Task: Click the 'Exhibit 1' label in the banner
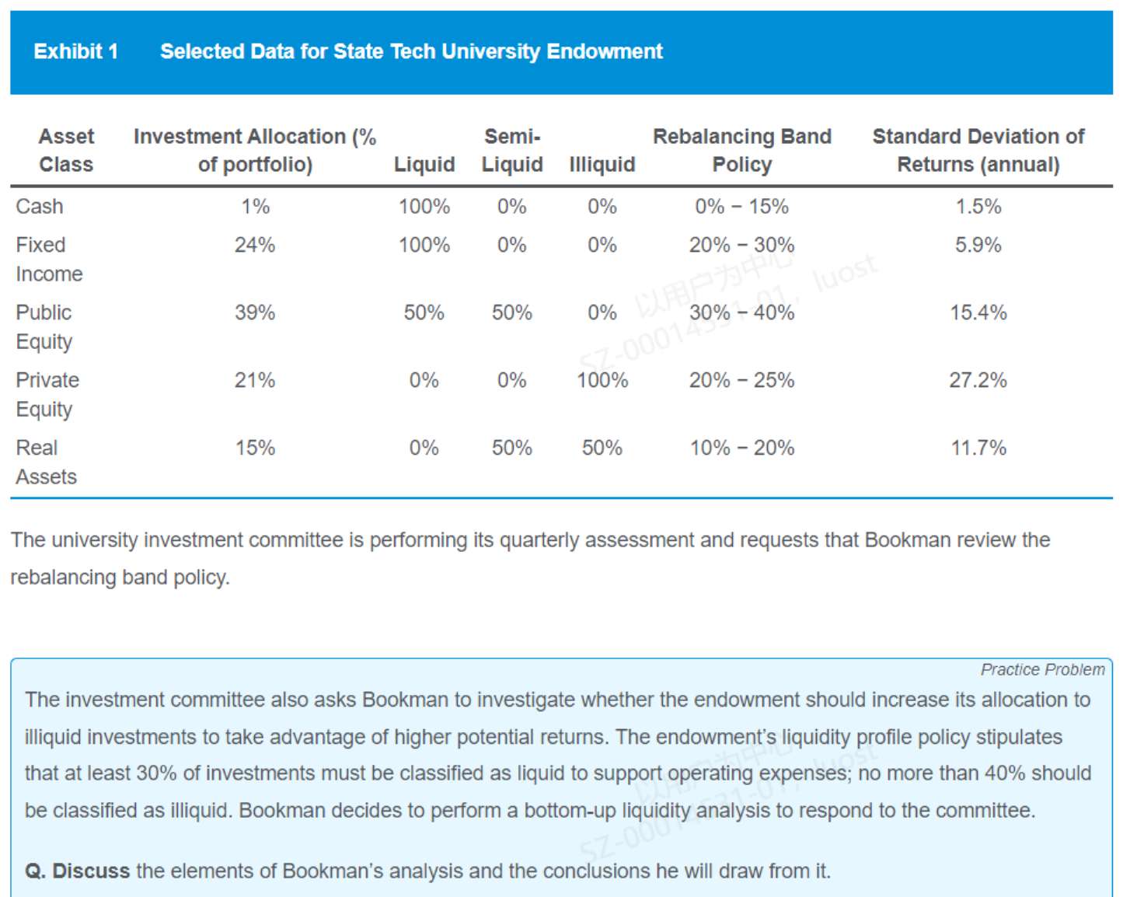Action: (x=75, y=51)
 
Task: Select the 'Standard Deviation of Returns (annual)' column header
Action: (x=978, y=150)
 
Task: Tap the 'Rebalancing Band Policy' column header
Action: (x=741, y=150)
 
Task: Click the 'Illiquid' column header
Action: (x=602, y=164)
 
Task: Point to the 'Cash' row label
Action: (x=40, y=206)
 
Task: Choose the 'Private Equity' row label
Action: (x=47, y=394)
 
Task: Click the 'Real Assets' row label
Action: (x=46, y=462)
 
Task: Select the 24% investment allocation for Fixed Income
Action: (x=255, y=245)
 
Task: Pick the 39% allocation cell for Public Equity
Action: (x=255, y=312)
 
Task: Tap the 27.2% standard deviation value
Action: (x=978, y=380)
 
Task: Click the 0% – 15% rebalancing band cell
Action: (x=741, y=206)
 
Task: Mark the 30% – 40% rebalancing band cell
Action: (x=741, y=312)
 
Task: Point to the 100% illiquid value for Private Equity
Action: (x=602, y=380)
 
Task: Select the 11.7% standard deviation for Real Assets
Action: (x=978, y=448)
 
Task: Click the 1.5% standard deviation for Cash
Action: (x=978, y=206)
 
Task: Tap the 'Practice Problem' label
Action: (x=1041, y=669)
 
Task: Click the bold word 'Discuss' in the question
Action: (x=91, y=871)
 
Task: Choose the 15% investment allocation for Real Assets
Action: (x=255, y=448)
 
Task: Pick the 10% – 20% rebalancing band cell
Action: (x=741, y=448)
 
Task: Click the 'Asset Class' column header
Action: (x=66, y=150)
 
